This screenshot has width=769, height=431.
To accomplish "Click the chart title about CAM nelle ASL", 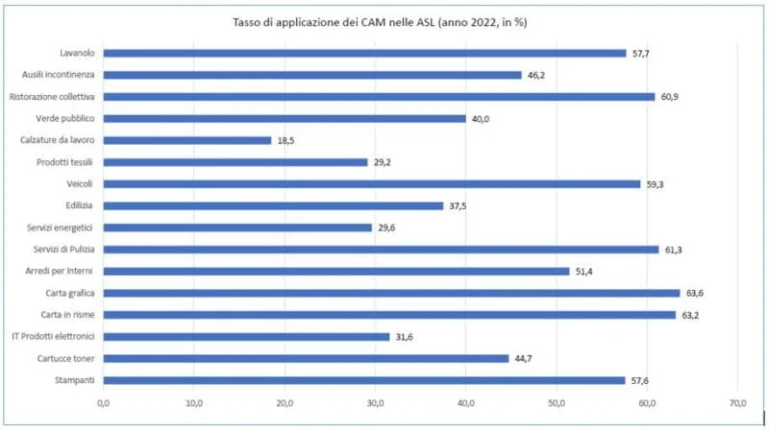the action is [380, 22].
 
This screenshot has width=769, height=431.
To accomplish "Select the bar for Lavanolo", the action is [364, 54].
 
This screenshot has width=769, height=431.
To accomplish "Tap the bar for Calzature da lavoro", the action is [186, 140].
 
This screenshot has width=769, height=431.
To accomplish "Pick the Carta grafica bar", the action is [391, 294].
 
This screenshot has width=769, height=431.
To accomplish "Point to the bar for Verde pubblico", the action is [285, 118].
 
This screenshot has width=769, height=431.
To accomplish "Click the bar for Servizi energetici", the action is [237, 227].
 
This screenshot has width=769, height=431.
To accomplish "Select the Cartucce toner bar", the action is [306, 358].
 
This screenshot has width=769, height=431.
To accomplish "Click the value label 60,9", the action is [669, 97].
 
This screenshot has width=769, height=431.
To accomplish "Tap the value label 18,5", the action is [285, 140].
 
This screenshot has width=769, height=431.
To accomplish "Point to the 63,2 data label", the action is [690, 316].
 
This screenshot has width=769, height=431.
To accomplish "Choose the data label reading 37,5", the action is [458, 206].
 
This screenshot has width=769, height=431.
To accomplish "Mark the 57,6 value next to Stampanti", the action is [639, 380].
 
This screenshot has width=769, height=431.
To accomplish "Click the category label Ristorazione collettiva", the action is [52, 97].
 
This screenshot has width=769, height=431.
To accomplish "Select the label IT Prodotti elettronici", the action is [53, 337].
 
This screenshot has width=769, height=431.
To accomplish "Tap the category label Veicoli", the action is [80, 184].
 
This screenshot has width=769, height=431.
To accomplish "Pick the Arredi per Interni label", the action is [59, 272].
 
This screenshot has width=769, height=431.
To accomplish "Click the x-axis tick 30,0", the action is [375, 403].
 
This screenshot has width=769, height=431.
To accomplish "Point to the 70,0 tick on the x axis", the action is [737, 403].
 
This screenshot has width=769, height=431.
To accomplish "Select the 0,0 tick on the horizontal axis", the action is [104, 403].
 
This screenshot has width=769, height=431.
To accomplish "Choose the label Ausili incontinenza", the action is [59, 75].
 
